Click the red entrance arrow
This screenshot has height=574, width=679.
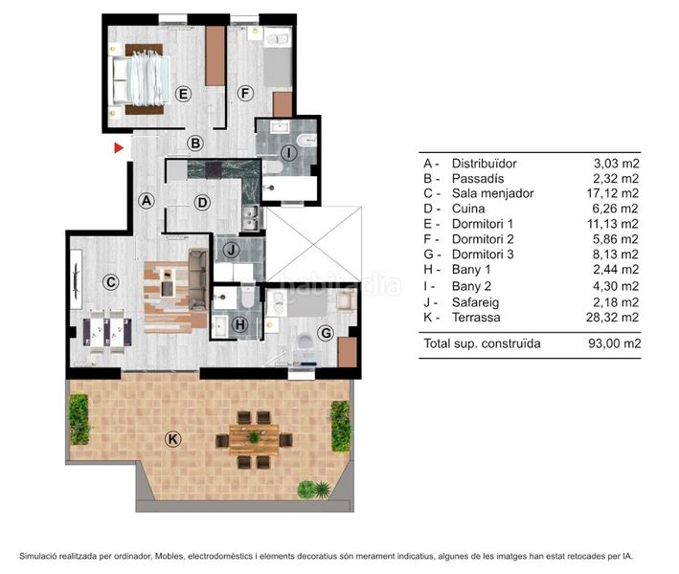click(118, 148)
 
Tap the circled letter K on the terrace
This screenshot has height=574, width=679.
click(172, 439)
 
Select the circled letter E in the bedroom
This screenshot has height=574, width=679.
click(183, 94)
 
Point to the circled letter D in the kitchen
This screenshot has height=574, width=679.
click(202, 203)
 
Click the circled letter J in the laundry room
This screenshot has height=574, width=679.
click(231, 250)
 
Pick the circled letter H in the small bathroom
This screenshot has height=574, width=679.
click(240, 324)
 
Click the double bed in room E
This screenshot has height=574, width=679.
click(141, 79)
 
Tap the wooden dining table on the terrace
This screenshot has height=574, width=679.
click(254, 439)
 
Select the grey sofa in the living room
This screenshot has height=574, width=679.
click(197, 279)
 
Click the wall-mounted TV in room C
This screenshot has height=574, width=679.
click(77, 279)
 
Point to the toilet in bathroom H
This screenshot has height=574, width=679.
click(248, 295)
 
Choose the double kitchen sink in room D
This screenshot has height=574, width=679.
click(251, 218)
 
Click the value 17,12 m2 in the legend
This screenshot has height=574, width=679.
click(612, 193)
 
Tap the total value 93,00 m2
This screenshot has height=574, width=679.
click(614, 343)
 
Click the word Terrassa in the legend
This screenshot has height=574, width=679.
click(476, 318)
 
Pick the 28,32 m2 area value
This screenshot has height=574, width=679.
click(612, 318)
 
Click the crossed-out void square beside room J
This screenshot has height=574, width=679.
click(313, 244)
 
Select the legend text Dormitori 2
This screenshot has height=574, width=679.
click(483, 239)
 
